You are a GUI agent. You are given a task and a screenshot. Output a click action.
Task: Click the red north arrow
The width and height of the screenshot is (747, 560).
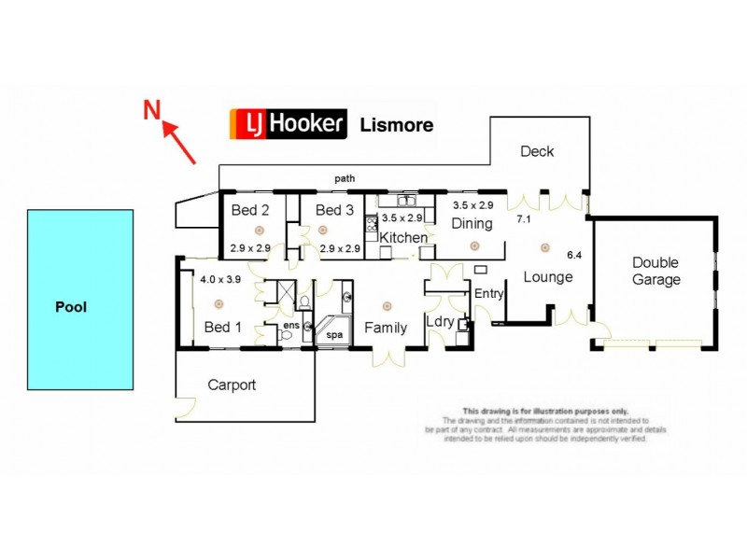[x=179, y=143]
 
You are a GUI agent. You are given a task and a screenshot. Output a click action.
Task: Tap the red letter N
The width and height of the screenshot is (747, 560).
[x=149, y=110]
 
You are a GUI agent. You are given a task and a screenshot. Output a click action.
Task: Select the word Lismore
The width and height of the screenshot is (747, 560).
[x=396, y=124]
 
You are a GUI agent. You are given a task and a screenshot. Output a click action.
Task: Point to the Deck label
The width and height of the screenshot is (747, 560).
[x=537, y=151]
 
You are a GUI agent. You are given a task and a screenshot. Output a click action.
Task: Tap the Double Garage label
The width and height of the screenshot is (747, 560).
[x=655, y=271]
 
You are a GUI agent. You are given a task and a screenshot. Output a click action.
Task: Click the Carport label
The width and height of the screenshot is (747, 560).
[x=232, y=384]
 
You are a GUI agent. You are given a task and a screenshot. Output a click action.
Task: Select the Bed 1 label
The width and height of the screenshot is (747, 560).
[x=222, y=327]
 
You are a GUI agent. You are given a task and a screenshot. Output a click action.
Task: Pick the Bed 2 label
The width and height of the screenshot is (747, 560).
[x=250, y=210]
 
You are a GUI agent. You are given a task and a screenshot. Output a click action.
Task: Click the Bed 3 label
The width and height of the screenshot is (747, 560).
[x=334, y=210]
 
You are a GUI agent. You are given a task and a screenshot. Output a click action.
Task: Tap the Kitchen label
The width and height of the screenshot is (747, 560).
[x=403, y=238]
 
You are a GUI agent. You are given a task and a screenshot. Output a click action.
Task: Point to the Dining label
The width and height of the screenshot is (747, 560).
[x=472, y=223]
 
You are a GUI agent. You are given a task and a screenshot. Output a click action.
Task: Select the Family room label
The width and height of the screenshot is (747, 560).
[x=386, y=328]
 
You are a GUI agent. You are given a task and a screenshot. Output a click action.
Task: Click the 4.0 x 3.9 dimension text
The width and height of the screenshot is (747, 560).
[x=222, y=278]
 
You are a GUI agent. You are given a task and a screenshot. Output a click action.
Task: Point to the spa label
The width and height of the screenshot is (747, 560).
[x=333, y=333]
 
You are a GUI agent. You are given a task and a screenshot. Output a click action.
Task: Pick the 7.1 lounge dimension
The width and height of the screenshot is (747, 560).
[x=525, y=219]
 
